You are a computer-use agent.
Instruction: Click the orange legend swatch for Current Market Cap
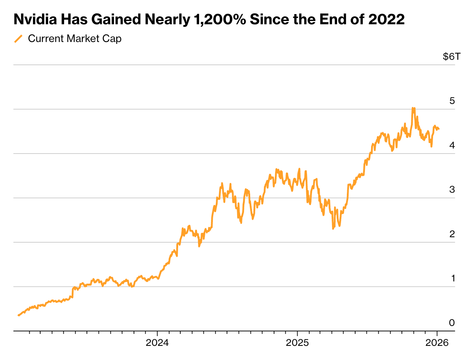(18, 39)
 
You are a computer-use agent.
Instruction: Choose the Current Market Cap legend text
(75, 39)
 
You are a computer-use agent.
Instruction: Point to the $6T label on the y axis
(452, 56)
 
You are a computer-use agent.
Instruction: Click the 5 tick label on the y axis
(452, 101)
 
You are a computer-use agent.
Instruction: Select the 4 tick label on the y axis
(452, 146)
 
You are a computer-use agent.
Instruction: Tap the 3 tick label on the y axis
(452, 190)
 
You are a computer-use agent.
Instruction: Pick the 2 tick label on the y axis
(452, 234)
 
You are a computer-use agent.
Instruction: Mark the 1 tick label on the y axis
(453, 279)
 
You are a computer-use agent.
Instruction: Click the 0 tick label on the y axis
(452, 323)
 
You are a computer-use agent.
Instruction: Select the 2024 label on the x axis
(157, 343)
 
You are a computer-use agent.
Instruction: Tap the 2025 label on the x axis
(297, 343)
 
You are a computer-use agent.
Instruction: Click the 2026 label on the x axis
(437, 343)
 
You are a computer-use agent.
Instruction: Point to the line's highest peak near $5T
(413, 108)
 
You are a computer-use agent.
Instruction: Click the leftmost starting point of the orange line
(18, 315)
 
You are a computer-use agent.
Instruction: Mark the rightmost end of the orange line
(439, 129)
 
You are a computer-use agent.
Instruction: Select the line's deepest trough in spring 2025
(333, 229)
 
